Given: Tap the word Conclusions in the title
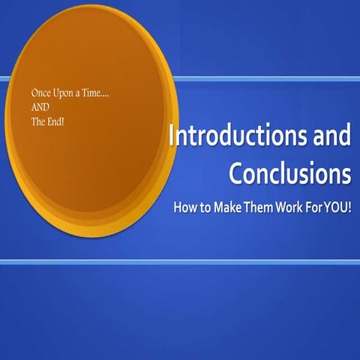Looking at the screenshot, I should (289, 173).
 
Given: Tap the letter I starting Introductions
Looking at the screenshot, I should (173, 136).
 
